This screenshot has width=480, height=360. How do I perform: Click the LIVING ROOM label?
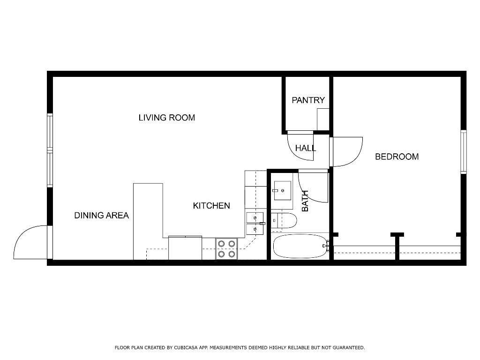tap(166, 118)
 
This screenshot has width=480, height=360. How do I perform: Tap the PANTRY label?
tap(308, 100)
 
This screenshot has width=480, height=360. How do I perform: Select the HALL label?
tap(305, 148)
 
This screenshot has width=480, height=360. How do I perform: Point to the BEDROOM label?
tap(397, 157)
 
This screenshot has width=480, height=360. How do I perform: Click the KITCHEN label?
tap(211, 206)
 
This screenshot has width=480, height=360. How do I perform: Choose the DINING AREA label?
tap(101, 216)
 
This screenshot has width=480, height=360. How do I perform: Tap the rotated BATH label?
tap(305, 201)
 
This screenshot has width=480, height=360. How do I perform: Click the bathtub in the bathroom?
tap(300, 246)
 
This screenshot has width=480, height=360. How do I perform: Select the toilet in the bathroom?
tap(284, 221)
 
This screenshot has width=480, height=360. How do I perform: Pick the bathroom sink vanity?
tap(282, 190)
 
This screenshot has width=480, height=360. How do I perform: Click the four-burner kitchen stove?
tap(227, 249)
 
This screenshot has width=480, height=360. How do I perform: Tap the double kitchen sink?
tap(254, 224)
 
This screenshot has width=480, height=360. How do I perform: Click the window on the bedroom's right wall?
tap(463, 152)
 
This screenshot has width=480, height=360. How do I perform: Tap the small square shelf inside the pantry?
tap(323, 119)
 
